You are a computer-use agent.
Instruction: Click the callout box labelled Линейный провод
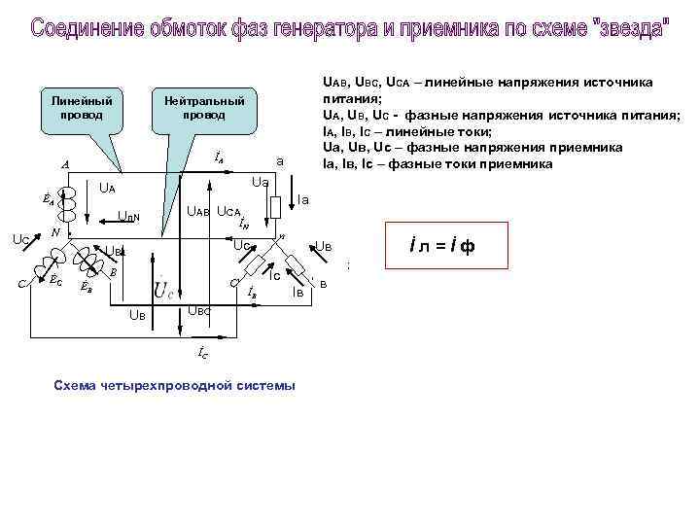pos(82,108)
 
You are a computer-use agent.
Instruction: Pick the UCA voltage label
pos(229,211)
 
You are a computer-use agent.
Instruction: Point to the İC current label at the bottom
pos(202,355)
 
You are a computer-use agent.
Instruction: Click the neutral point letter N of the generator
pos(56,233)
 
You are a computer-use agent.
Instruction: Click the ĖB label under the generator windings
pos(87,287)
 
